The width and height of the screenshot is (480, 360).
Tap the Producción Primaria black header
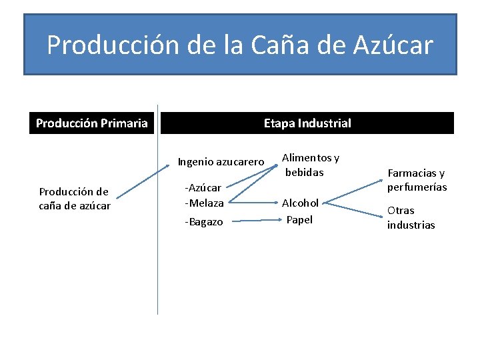pos(92,123)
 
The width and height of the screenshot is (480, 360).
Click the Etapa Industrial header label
pos(307,123)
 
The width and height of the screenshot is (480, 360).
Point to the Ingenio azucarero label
pos(221,161)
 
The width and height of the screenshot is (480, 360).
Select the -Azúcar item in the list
pos(203,189)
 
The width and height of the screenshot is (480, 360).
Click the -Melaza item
pos(204,202)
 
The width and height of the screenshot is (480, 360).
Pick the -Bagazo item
pos(204,221)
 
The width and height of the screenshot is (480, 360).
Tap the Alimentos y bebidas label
pos(310,165)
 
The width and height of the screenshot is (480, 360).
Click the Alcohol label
pos(300,203)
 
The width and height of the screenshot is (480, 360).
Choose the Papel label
pos(299,219)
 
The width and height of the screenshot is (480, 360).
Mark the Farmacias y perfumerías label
pos(417,180)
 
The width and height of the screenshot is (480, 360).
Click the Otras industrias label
pos(411,218)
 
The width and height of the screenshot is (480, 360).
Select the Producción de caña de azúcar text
pos(75,199)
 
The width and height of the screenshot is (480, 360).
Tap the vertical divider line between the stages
pos(158,267)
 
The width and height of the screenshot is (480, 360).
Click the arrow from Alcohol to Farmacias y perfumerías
pos(353,190)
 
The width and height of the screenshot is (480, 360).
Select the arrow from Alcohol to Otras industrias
pos(353,209)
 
